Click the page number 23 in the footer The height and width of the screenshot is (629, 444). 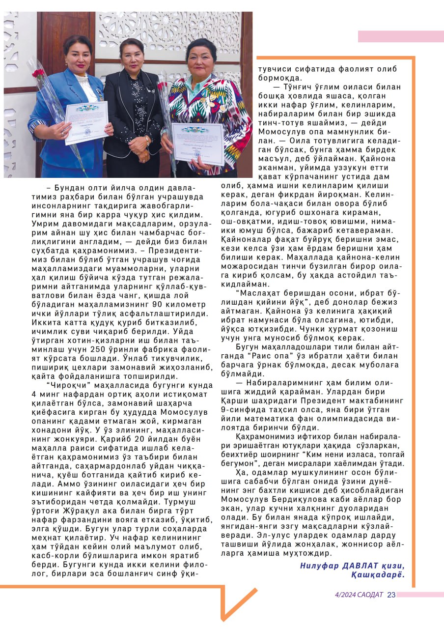tap(391, 595)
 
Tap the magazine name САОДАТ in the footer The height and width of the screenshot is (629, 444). tap(371, 595)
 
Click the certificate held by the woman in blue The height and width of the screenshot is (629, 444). tap(86, 121)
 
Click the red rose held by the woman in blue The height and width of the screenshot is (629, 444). tap(38, 73)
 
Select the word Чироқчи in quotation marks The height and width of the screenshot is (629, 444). tap(64, 384)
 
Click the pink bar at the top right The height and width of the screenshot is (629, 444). tap(401, 36)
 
